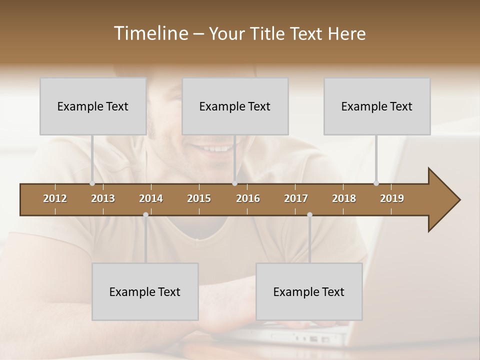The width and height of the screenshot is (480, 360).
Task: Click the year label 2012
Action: (55, 198)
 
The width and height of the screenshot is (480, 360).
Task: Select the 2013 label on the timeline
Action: (103, 198)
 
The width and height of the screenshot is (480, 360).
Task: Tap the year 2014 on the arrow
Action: (151, 198)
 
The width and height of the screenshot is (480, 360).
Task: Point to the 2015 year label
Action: (199, 198)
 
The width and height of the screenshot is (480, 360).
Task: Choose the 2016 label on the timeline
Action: (248, 198)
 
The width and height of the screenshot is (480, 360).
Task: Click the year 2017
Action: (296, 198)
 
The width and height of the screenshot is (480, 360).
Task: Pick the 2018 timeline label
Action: (344, 198)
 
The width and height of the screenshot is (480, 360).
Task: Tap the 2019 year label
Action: (392, 198)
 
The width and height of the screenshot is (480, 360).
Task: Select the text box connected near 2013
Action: (93, 106)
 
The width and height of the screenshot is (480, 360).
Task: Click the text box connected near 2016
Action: (235, 106)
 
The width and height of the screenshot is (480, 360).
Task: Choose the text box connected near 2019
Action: (377, 106)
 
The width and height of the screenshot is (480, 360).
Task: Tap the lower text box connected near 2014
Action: (145, 291)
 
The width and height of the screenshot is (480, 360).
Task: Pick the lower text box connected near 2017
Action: (309, 291)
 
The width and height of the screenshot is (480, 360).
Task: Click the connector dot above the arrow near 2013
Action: (92, 183)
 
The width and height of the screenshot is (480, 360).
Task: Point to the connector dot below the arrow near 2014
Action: (145, 215)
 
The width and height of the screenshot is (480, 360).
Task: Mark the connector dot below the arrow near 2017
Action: (309, 215)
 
